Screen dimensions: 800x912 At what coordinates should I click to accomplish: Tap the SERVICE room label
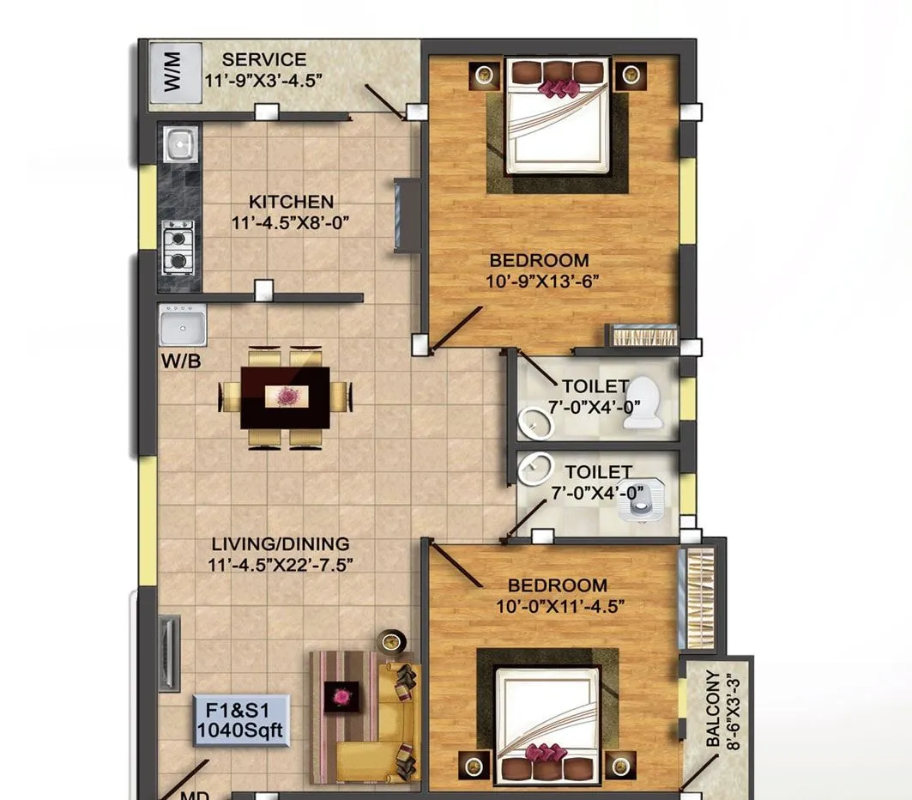click(263, 60)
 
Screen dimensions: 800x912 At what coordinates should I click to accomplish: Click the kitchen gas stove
click(178, 247)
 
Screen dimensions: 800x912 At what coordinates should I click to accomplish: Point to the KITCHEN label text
click(291, 203)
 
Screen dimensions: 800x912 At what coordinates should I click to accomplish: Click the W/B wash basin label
click(181, 361)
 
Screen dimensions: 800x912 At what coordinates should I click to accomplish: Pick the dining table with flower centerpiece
click(285, 397)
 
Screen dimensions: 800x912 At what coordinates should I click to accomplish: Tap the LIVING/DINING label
click(281, 544)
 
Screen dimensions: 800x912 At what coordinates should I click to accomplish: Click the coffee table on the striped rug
click(341, 696)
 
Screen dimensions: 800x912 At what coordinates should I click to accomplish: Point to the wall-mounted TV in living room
click(168, 652)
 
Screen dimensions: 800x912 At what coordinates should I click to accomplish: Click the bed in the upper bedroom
click(559, 117)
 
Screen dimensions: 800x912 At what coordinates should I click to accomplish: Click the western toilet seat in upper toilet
click(643, 404)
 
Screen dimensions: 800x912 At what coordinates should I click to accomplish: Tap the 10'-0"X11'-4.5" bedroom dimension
click(557, 605)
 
